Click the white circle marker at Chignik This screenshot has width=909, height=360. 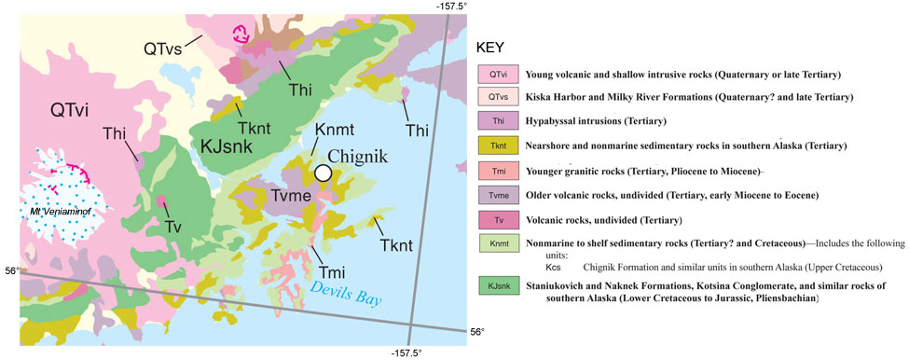pyautogui.click(x=323, y=173)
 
